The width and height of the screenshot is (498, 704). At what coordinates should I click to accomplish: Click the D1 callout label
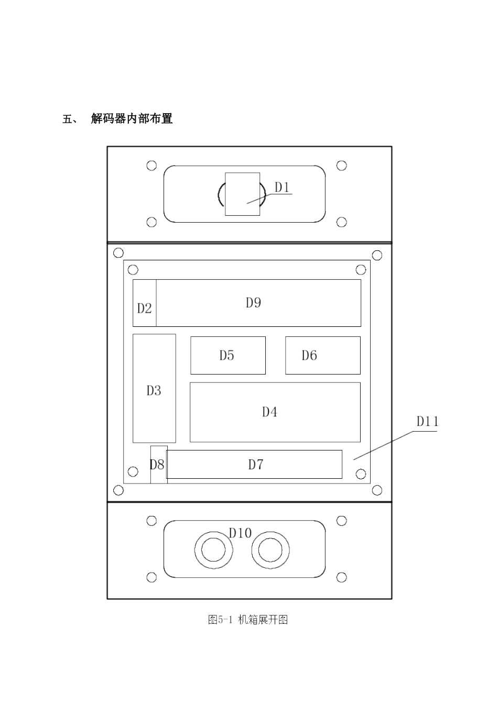pyautogui.click(x=283, y=188)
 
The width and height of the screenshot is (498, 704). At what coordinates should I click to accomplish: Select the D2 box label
pyautogui.click(x=144, y=308)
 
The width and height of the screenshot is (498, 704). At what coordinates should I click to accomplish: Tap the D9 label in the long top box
pyautogui.click(x=253, y=303)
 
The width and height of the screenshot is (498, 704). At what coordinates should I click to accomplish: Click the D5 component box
pyautogui.click(x=228, y=356)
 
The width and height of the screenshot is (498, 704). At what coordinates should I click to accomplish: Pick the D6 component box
pyautogui.click(x=323, y=356)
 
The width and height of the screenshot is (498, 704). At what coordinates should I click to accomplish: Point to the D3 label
pyautogui.click(x=154, y=390)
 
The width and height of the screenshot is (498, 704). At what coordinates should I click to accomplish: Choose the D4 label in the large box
pyautogui.click(x=269, y=412)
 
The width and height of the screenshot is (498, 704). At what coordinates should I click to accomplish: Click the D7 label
pyautogui.click(x=255, y=465)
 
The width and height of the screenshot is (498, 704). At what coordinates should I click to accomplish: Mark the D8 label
pyautogui.click(x=157, y=465)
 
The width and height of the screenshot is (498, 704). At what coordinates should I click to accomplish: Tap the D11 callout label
pyautogui.click(x=427, y=422)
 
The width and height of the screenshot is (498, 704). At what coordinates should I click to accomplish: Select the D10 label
pyautogui.click(x=240, y=533)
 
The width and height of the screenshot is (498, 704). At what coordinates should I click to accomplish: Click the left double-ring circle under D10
pyautogui.click(x=213, y=551)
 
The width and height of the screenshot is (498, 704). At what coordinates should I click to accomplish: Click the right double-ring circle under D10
pyautogui.click(x=270, y=551)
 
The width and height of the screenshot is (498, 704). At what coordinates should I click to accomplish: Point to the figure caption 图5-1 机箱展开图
pyautogui.click(x=248, y=620)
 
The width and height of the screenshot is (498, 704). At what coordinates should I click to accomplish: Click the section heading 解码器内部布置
pyautogui.click(x=132, y=119)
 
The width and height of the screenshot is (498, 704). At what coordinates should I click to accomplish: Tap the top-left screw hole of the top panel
pyautogui.click(x=151, y=166)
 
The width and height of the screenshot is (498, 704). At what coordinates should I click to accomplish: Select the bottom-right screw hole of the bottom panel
pyautogui.click(x=341, y=577)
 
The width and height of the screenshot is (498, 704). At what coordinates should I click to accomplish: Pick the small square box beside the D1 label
pyautogui.click(x=242, y=194)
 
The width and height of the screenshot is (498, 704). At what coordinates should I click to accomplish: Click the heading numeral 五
pyautogui.click(x=67, y=119)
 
